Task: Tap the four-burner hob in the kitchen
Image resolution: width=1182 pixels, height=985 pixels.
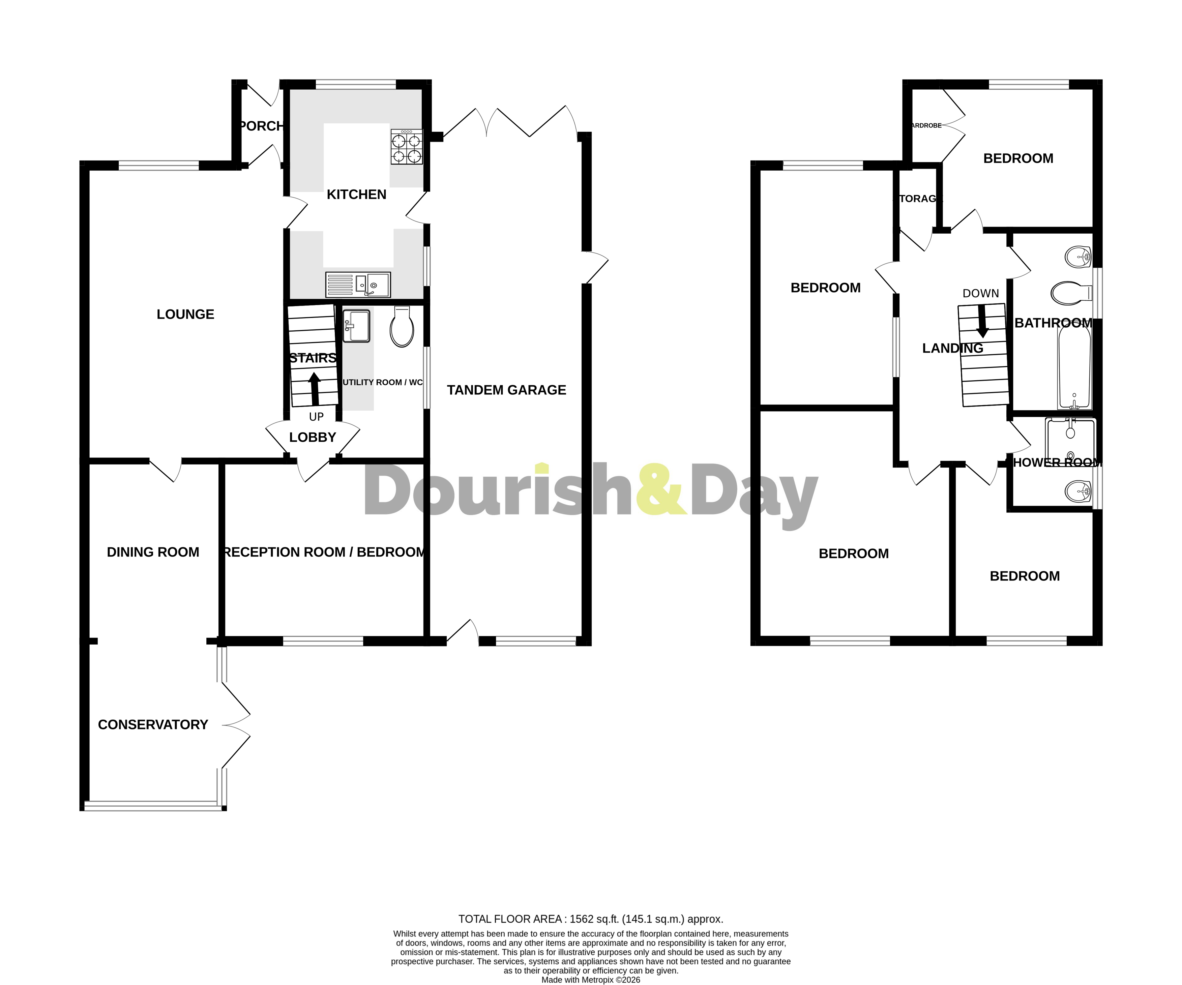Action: coord(406,147)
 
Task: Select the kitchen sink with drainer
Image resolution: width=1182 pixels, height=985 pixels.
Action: coord(358,285)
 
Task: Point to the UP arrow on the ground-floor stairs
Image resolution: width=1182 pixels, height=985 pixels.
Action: coord(314,388)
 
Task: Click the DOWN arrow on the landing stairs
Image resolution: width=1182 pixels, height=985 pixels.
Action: coord(982,321)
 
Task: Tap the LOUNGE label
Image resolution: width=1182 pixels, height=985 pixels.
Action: coord(185,314)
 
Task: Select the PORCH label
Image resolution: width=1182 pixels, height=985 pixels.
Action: coord(261,126)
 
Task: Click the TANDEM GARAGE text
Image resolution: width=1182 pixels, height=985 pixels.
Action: coord(506,390)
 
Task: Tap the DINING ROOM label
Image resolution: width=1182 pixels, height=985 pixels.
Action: coord(152,552)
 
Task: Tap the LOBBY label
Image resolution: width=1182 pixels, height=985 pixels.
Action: coord(313,437)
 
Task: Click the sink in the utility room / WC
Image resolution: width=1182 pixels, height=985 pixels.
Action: coord(356,326)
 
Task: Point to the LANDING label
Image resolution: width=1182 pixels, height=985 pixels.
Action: coord(952,349)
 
